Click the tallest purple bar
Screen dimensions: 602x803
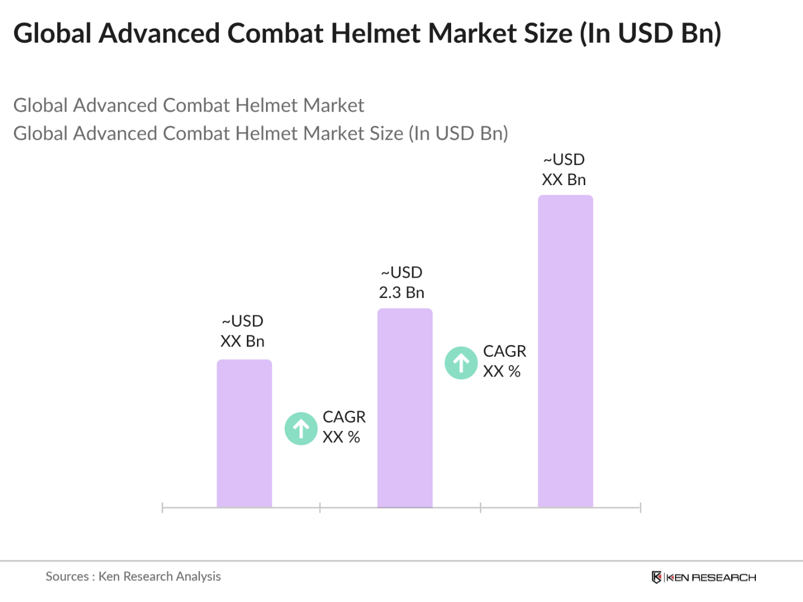tap(565, 351)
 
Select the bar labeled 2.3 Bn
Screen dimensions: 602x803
tap(405, 408)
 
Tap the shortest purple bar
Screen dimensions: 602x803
tap(244, 433)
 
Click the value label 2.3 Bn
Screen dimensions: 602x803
tap(401, 292)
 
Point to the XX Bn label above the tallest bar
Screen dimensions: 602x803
tap(563, 180)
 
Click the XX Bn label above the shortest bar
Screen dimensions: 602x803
tap(242, 341)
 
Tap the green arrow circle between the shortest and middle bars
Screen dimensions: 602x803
tap(301, 429)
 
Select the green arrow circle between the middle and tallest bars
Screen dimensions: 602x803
tap(461, 363)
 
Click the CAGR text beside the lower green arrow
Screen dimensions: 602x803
tap(344, 417)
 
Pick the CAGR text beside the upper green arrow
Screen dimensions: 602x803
tap(504, 351)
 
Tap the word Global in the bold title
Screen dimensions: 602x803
tap(52, 33)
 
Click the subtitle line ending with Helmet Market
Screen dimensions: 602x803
tap(189, 105)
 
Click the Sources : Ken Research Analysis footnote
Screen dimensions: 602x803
tap(133, 576)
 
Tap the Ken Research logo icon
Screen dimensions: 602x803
tap(656, 577)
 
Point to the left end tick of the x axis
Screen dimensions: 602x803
tap(162, 508)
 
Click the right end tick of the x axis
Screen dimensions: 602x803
tap(640, 508)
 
